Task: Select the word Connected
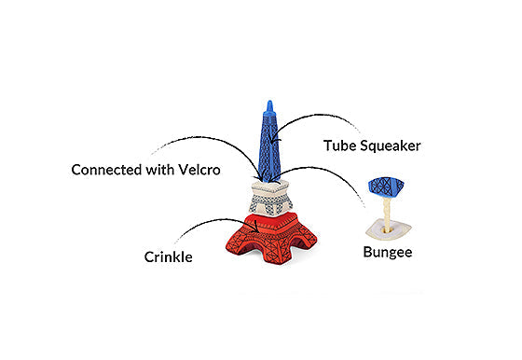(106, 170)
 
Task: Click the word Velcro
(199, 170)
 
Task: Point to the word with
(160, 170)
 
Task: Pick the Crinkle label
(168, 257)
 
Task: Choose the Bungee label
(388, 252)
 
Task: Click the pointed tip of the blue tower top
(269, 101)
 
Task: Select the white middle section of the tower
(270, 198)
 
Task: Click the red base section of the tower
(271, 238)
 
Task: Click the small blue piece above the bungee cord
(386, 187)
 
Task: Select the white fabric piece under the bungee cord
(389, 229)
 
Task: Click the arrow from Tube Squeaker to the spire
(309, 117)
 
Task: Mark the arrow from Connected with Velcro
(206, 137)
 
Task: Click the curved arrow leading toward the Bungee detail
(328, 170)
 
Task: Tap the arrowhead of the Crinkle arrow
(255, 228)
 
